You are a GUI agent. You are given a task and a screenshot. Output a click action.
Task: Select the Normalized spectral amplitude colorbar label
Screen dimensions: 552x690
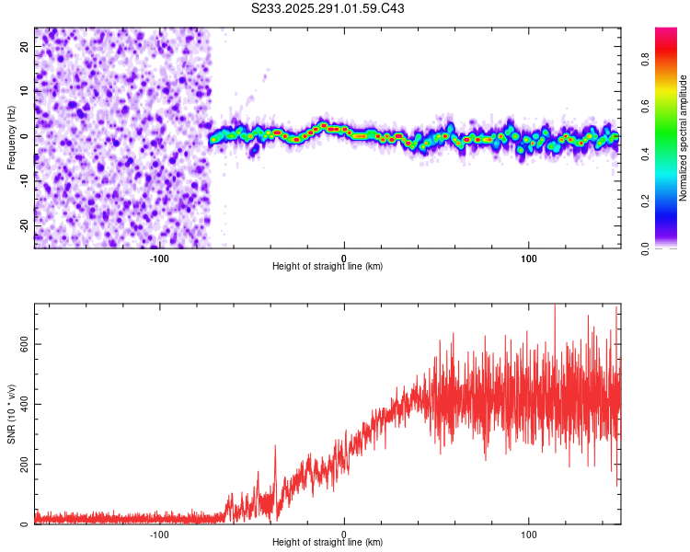684,138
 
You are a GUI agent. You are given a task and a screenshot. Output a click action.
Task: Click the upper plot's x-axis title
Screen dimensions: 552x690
328,266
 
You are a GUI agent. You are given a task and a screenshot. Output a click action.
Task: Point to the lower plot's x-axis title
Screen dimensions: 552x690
328,542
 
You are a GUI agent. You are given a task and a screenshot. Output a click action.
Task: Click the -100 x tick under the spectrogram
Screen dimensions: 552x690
159,258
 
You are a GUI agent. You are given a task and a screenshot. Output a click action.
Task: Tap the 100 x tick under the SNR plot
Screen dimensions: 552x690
529,534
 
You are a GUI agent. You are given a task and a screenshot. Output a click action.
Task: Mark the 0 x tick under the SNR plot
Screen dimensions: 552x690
344,534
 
